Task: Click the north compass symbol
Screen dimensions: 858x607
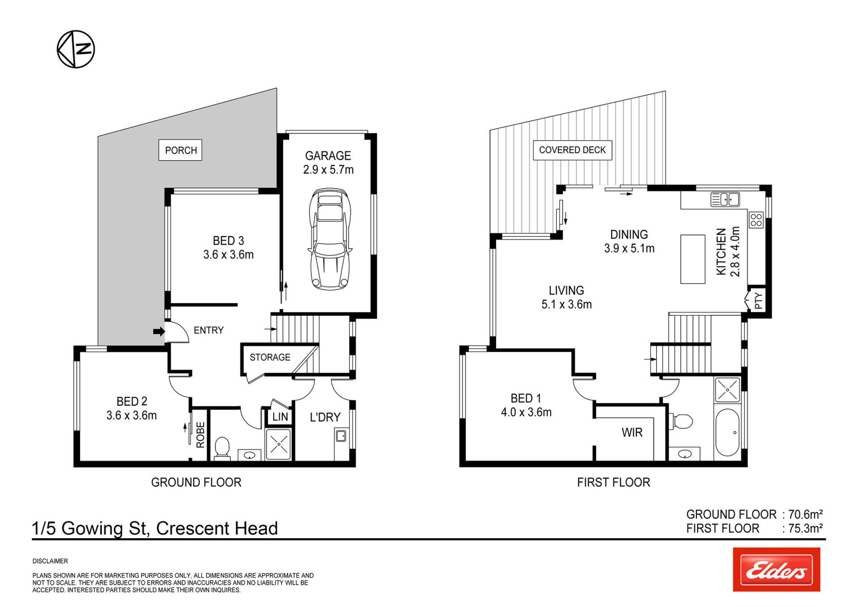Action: pos(76,49)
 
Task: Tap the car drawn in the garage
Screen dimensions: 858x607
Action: pos(330,239)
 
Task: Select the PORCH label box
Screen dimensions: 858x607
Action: pos(181,150)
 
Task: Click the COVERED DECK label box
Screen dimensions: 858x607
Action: pos(572,150)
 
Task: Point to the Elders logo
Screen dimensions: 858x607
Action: pos(776,569)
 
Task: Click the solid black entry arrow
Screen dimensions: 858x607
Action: pos(159,331)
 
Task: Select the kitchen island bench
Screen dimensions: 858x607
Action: pos(693,259)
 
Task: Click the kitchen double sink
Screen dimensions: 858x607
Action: pos(725,200)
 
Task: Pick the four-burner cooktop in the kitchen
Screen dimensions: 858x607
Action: pos(756,220)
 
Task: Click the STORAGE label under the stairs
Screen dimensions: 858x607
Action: pos(270,357)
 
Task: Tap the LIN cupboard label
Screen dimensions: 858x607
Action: pos(280,417)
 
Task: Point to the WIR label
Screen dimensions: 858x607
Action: pos(632,433)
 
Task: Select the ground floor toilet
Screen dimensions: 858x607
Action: pos(222,449)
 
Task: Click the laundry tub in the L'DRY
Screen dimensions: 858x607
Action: pos(341,435)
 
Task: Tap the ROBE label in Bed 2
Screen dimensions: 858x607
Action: pos(200,435)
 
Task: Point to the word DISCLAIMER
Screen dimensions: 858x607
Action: pos(50,561)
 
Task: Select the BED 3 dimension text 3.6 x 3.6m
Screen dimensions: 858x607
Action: pos(228,255)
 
